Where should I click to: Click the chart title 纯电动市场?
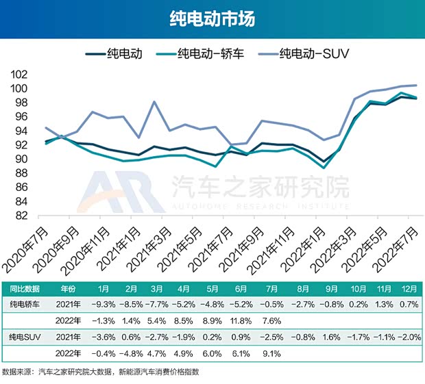tap(212, 19)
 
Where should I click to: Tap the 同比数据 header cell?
tap(24, 288)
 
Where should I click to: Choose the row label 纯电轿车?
tap(24, 304)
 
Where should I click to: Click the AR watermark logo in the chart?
tap(119, 192)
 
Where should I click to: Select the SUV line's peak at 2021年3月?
tap(154, 102)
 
